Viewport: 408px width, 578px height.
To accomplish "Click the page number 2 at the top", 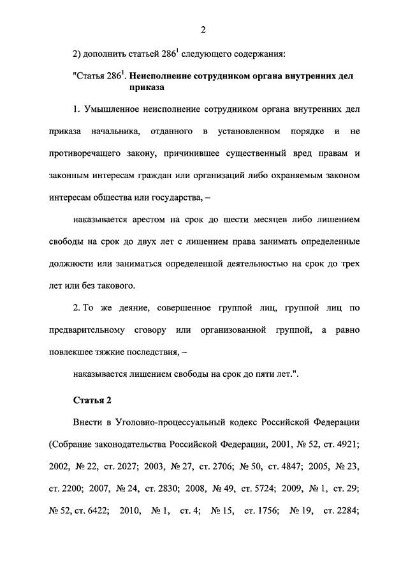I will [x=202, y=29].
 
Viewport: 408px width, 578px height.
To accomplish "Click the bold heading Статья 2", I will [x=92, y=400].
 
